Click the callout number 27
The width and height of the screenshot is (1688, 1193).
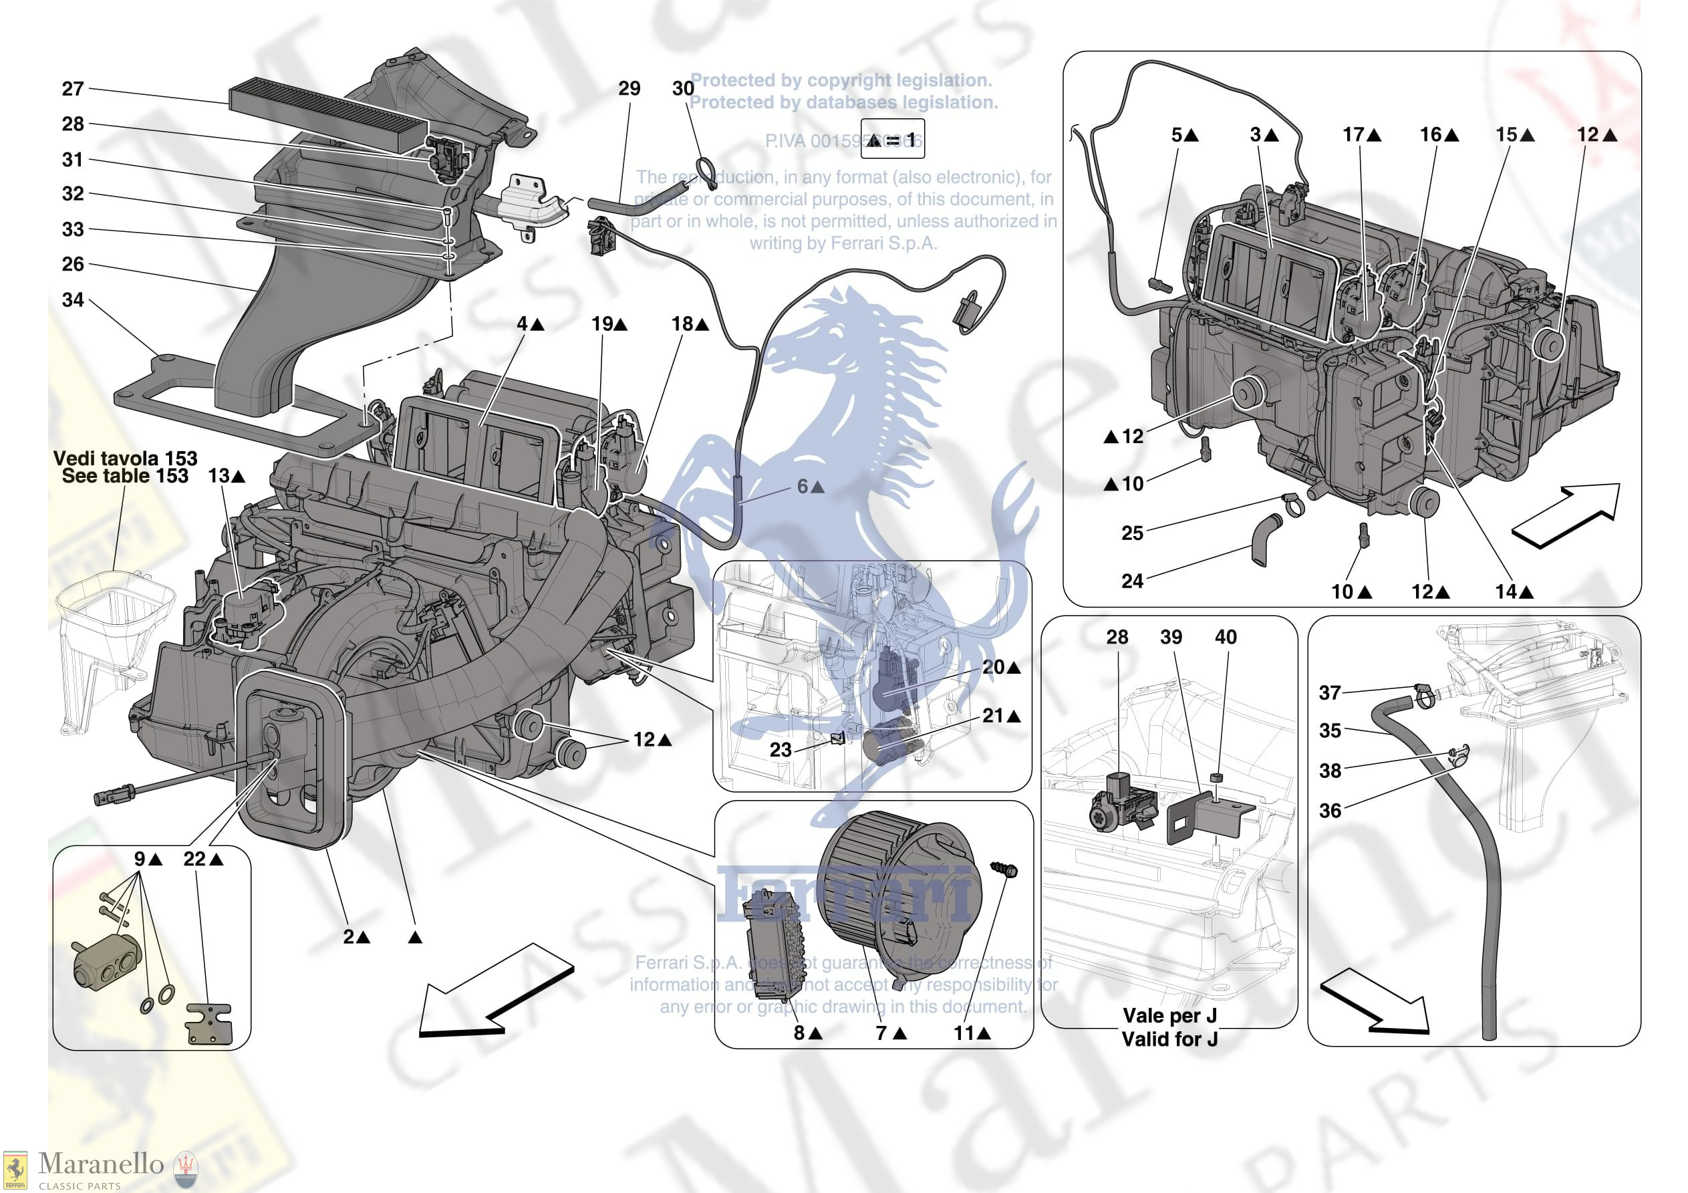[73, 89]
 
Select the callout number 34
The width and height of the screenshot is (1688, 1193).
[73, 300]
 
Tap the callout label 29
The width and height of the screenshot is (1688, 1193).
[629, 89]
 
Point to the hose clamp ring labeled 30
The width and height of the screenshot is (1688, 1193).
[704, 171]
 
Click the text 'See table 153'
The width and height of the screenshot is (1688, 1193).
[125, 477]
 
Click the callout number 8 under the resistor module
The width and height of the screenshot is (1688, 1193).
[799, 1033]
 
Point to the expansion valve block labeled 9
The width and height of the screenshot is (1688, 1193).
[107, 964]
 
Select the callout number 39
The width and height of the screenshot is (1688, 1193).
[1171, 637]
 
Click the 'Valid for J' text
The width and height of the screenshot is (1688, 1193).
[1169, 1039]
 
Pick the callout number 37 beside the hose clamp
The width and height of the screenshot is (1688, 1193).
[1330, 692]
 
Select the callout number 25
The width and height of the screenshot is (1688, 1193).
[1132, 533]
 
